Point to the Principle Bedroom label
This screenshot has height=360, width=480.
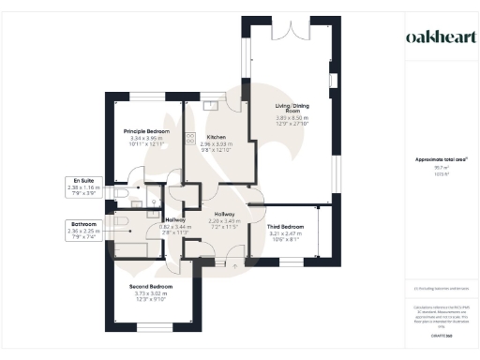coord(146,131)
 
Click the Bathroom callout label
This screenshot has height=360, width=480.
coord(82,225)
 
